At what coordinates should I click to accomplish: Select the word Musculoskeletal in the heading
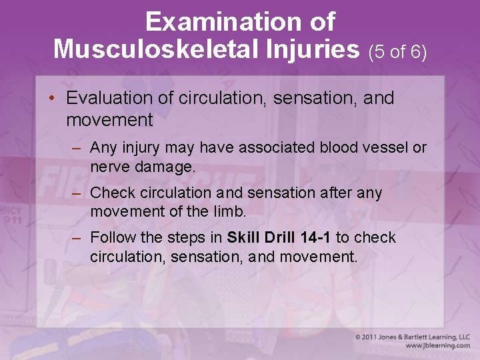(x=155, y=49)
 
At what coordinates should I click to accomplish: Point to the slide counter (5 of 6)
(x=397, y=51)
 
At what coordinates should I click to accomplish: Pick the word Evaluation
(x=109, y=98)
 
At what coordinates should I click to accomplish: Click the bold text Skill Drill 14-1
(x=279, y=238)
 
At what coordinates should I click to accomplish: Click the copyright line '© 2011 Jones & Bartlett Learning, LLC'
(x=412, y=337)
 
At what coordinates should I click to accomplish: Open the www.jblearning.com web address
(x=437, y=346)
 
